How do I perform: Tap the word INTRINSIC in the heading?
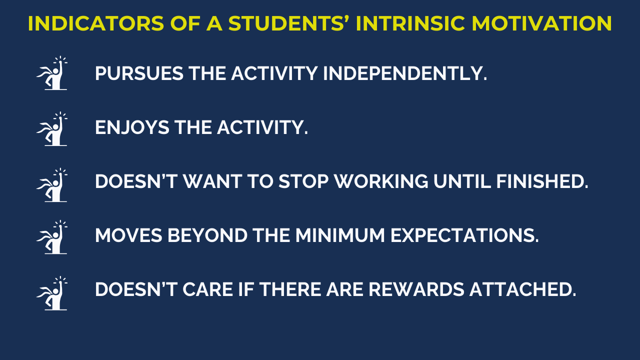[x=410, y=23]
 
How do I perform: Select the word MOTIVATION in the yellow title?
[x=541, y=23]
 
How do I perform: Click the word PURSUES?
[x=139, y=73]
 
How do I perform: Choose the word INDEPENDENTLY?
[x=405, y=73]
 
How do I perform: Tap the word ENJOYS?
[x=132, y=127]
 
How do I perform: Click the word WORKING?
[x=381, y=181]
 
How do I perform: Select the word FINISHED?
[x=542, y=181]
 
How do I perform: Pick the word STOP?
[x=303, y=181]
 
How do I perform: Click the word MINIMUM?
[x=340, y=235]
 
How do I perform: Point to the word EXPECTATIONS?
[x=464, y=235]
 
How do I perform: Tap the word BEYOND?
[x=207, y=235]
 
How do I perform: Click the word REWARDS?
[x=416, y=289]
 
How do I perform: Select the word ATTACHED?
[x=523, y=289]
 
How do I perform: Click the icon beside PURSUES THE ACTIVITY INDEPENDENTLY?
[x=52, y=73]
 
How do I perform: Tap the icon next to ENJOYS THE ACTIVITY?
[x=52, y=129]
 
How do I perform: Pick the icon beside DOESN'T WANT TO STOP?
[x=52, y=185]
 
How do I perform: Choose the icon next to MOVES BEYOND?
[x=52, y=237]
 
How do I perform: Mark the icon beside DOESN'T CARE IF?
[x=52, y=293]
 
